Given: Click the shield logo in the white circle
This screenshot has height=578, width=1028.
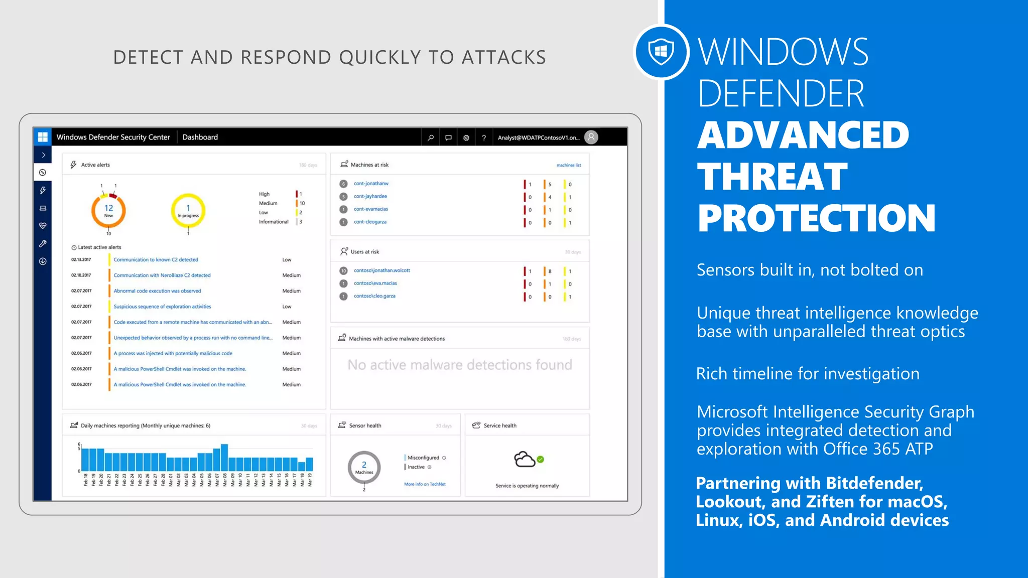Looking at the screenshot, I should (x=661, y=52).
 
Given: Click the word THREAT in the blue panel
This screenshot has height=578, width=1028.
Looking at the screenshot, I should (x=772, y=177).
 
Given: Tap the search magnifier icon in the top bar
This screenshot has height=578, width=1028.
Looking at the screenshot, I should (x=430, y=137).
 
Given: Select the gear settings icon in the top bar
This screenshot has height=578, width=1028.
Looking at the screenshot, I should (x=466, y=137).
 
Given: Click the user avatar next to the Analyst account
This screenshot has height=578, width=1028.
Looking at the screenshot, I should (x=591, y=137).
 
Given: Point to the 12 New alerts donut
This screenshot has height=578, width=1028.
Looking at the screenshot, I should (x=108, y=211).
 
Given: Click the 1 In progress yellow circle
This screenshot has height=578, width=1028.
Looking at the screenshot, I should (x=188, y=211).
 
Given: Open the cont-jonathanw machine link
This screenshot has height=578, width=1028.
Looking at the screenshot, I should (x=371, y=184).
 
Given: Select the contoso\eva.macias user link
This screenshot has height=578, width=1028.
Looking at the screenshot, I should (x=375, y=283).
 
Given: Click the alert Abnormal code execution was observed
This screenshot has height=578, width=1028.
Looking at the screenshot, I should (x=157, y=291).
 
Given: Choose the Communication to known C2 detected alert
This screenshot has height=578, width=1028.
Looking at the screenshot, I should (x=156, y=260).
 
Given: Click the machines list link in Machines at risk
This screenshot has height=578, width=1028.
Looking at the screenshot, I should (x=568, y=165).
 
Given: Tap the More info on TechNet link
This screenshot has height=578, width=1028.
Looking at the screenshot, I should (x=425, y=484).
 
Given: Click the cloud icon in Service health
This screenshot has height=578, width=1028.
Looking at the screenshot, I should (x=525, y=459).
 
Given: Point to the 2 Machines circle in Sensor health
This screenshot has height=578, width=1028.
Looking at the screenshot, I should (x=364, y=467).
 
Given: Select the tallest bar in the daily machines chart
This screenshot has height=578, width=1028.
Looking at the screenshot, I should (x=224, y=457).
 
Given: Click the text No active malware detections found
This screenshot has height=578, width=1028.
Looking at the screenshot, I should (x=459, y=365).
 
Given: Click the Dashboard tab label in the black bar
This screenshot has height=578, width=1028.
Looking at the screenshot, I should (x=200, y=137).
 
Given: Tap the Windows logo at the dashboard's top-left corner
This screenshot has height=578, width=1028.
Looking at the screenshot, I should (x=43, y=137).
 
